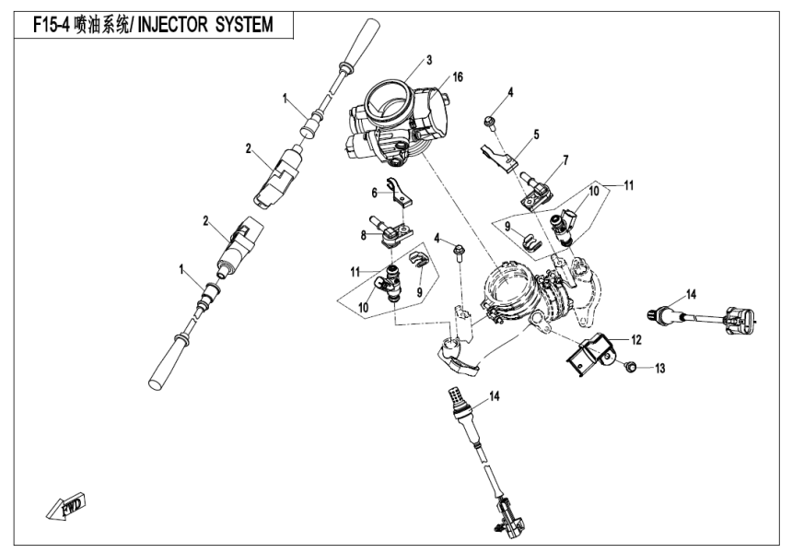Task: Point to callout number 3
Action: (429, 60)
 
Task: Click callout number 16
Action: (457, 77)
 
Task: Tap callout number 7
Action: (565, 160)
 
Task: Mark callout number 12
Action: (635, 340)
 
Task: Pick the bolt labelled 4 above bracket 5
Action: (489, 121)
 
